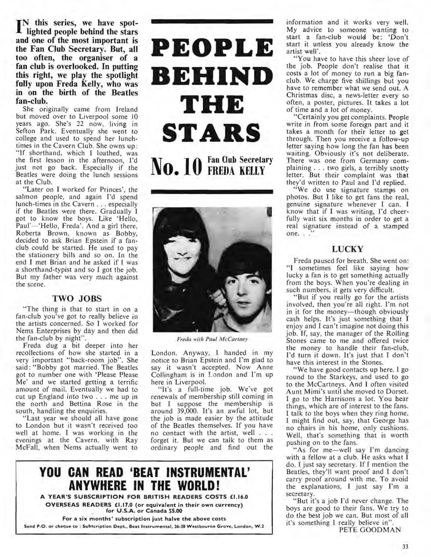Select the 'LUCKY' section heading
[348, 249]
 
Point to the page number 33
[405, 546]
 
